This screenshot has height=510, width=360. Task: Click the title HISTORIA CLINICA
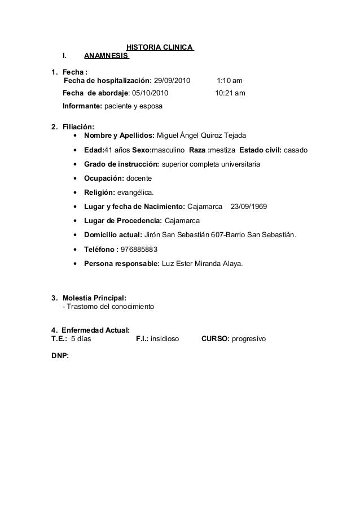click(159, 46)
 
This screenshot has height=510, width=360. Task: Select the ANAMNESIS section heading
click(106, 56)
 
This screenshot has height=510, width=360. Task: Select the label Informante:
click(82, 106)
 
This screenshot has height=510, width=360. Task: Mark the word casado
click(296, 150)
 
